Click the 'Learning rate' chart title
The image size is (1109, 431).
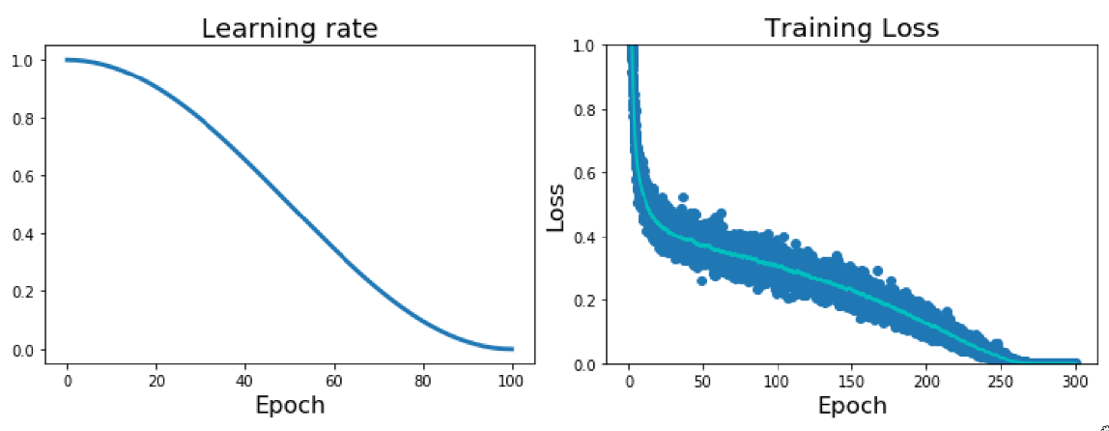coord(289,29)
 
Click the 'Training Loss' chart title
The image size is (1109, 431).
coord(851,28)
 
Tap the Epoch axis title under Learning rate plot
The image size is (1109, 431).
coord(290,405)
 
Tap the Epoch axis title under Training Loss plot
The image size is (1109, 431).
coord(852,405)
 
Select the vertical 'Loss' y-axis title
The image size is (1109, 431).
coord(556,205)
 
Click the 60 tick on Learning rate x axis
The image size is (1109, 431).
coord(334,381)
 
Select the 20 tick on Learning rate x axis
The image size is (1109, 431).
coord(156,381)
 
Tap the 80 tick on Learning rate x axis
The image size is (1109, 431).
coord(423,381)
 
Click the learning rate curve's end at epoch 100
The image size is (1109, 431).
coord(512,349)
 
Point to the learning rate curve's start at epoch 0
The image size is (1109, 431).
coord(68,60)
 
